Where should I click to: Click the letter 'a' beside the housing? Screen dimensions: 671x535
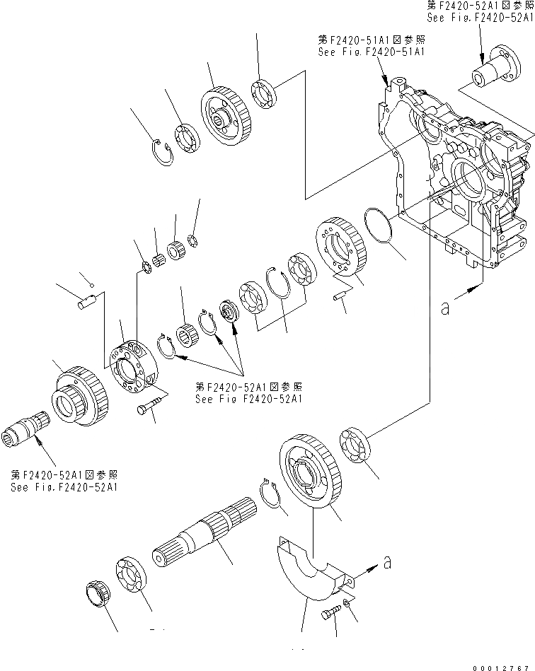coord(444,309)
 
